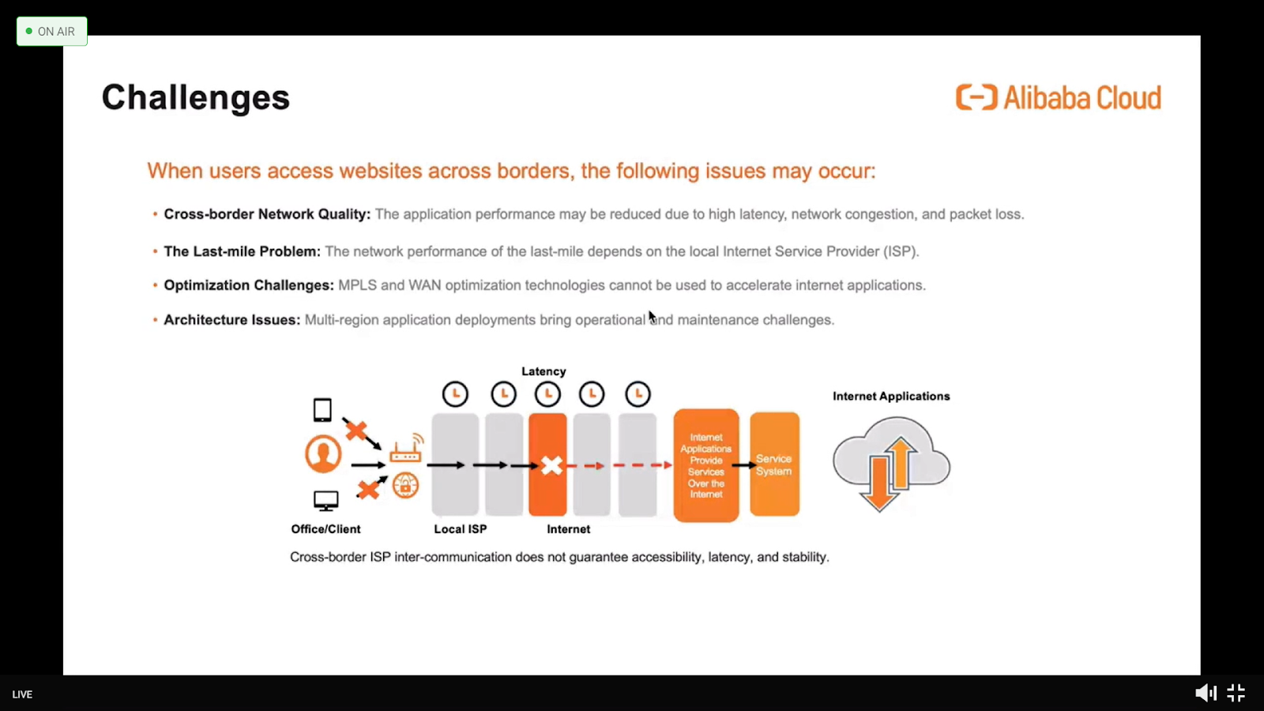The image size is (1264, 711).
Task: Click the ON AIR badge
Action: point(52,32)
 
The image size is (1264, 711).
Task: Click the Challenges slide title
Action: point(196,98)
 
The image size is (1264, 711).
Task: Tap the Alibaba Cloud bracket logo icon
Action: point(976,98)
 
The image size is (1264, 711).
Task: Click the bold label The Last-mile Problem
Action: point(242,252)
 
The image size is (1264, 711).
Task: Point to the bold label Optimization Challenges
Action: point(249,285)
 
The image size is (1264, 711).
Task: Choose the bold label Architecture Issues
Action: point(232,320)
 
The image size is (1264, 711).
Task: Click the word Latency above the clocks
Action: point(544,371)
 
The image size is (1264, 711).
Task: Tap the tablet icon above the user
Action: point(322,410)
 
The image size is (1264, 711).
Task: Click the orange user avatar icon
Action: point(323,453)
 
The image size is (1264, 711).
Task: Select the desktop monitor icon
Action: point(325,501)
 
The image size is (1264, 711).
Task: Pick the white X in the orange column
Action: point(551,466)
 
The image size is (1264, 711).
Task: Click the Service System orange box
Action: point(774,465)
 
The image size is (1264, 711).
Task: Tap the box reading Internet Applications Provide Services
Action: point(706,465)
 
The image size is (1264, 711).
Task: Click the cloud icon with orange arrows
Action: point(892,464)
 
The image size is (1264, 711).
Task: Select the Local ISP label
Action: point(460,529)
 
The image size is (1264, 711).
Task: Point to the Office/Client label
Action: point(325,529)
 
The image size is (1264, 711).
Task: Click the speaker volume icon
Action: point(1206,693)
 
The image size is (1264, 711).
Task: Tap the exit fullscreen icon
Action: point(1236,693)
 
